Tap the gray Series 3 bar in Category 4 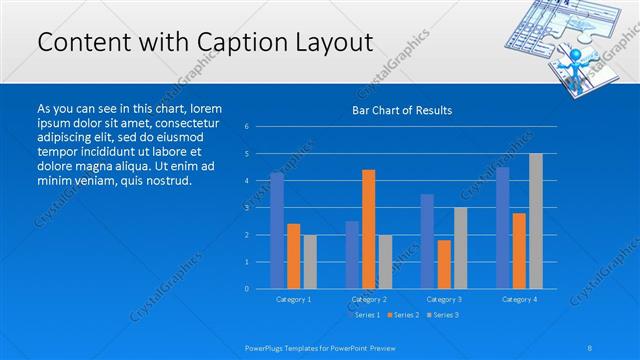click(536, 221)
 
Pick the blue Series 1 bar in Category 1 click(277, 230)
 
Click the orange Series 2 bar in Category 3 click(444, 264)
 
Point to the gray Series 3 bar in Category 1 click(310, 261)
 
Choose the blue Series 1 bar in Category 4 click(503, 227)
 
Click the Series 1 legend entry click(366, 315)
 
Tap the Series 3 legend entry click(444, 315)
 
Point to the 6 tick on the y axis click(247, 127)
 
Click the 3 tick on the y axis click(247, 208)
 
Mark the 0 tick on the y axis click(247, 289)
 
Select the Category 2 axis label click(368, 299)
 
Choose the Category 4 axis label click(519, 299)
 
